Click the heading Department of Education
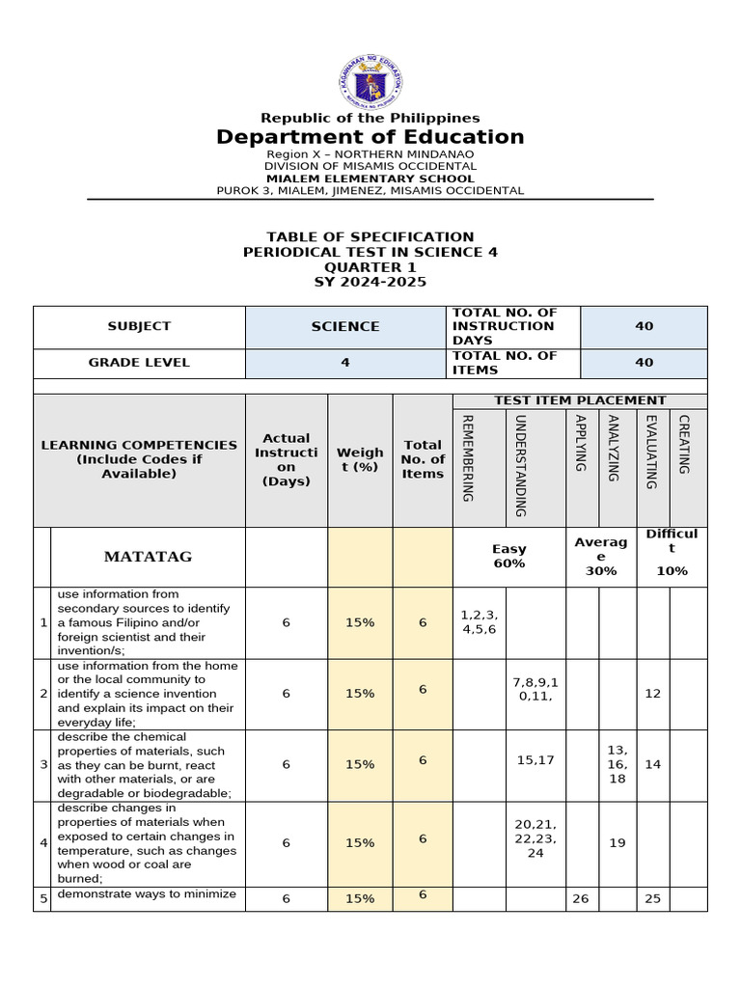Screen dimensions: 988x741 370,137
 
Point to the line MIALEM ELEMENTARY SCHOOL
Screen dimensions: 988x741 370,178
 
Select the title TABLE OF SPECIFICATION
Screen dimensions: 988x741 370,236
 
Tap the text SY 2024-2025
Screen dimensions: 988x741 370,283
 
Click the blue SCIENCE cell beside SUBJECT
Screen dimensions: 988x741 345,327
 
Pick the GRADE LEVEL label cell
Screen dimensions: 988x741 139,363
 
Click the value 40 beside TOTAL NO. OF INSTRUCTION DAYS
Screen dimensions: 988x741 644,326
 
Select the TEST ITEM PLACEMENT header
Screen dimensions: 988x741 580,400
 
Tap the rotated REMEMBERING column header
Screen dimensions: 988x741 468,457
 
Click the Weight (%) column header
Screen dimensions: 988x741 360,459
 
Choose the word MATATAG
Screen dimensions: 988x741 148,557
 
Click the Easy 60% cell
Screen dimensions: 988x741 508,556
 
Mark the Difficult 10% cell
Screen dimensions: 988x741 672,552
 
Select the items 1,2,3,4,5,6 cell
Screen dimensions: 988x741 479,622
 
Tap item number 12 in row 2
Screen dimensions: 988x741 653,694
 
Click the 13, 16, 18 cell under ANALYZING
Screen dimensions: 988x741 617,764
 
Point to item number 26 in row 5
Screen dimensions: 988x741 581,898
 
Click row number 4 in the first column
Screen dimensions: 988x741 42,842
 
